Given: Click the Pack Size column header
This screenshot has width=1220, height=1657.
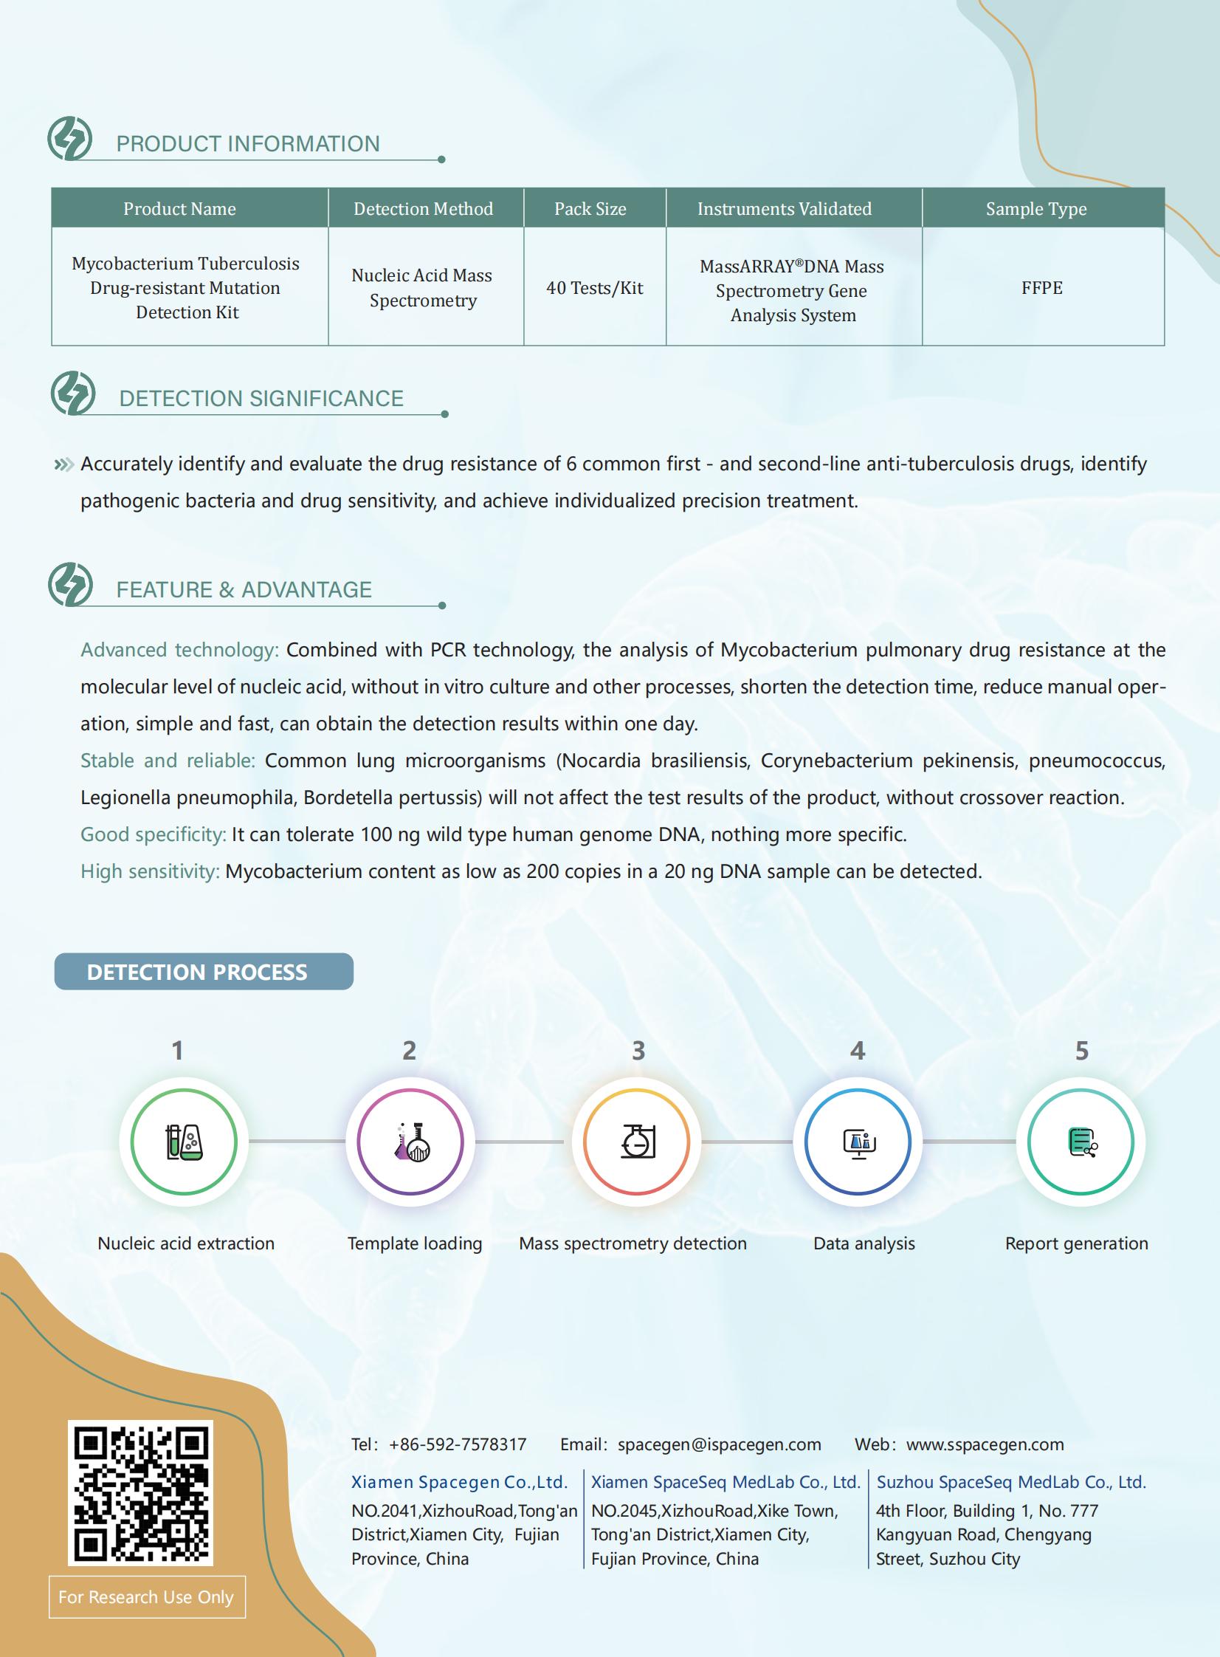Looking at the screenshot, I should tap(590, 209).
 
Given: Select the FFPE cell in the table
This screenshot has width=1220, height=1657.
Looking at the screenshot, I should tap(1041, 287).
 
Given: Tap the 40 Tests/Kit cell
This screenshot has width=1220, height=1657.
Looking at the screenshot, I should tap(594, 287).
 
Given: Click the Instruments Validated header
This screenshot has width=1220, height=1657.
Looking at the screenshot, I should tap(785, 209).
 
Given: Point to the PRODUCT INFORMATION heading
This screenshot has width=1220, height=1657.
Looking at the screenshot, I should tap(248, 143).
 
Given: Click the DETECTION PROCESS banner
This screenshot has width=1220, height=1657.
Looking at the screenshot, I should tap(204, 972).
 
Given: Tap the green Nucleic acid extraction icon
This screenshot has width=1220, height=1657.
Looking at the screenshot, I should tap(184, 1142).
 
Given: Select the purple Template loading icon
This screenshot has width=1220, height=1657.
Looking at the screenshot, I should tap(410, 1142).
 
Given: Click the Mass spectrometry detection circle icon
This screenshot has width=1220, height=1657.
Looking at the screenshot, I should tap(637, 1142).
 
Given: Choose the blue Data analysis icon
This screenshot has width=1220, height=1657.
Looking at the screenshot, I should tap(858, 1142).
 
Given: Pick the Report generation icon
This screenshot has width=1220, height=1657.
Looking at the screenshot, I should tap(1081, 1142).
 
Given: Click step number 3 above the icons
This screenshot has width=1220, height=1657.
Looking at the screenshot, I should tap(638, 1050).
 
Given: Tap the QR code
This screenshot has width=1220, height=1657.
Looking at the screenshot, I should tap(140, 1492).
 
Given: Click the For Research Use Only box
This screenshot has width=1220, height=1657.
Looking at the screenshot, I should tap(147, 1596).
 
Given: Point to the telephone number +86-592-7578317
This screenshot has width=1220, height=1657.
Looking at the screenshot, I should tap(457, 1444).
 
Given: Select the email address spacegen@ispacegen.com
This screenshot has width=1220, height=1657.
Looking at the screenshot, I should tap(719, 1444).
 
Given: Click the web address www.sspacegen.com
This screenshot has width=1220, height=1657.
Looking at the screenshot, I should tap(985, 1444).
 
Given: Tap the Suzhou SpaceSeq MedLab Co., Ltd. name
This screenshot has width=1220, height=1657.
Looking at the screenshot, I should tap(1010, 1482).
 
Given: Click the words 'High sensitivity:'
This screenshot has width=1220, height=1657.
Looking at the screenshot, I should tap(150, 871).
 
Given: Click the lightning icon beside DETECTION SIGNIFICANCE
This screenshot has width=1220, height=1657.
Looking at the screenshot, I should tap(72, 393).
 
